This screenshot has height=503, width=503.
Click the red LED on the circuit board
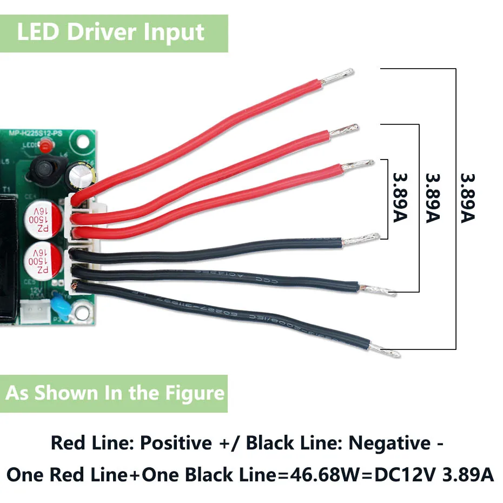coord(47,145)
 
